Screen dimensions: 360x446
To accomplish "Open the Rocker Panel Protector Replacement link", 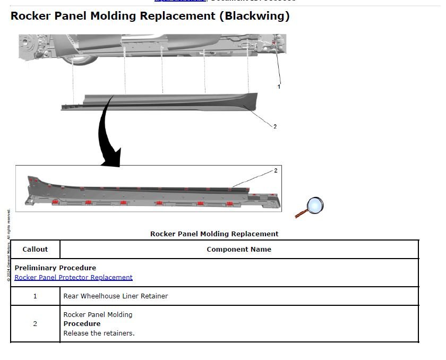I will [73, 277].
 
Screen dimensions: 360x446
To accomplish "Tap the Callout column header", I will [35, 249].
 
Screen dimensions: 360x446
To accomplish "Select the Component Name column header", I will [239, 249].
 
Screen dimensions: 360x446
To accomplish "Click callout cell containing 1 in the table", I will [35, 296].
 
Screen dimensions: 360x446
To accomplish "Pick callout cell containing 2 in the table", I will [35, 324].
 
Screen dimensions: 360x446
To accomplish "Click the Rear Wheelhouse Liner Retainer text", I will [115, 296].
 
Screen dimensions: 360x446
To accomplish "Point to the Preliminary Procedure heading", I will [55, 268].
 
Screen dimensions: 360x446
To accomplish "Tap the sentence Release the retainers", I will [99, 333].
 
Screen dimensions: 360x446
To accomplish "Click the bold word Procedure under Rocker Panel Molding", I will [82, 324].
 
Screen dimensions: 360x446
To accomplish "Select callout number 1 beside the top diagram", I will [279, 87].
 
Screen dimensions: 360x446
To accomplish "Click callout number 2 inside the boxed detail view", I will [276, 170].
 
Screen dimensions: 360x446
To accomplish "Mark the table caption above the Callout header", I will [214, 234].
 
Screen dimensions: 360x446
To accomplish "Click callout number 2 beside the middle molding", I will [275, 126].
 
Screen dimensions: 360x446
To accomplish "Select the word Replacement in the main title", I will [178, 16].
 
